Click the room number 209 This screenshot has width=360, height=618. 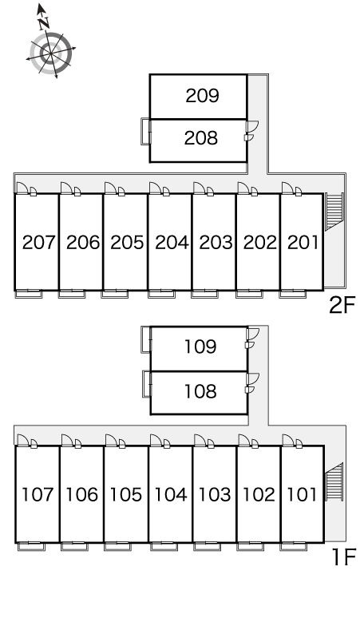(x=202, y=96)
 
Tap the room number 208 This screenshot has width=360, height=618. (x=201, y=138)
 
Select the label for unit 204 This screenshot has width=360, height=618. (x=172, y=243)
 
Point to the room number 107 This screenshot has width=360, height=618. (x=38, y=494)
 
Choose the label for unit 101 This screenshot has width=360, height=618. (x=302, y=494)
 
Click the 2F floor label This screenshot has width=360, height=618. (x=342, y=305)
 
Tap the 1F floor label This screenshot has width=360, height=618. (x=344, y=557)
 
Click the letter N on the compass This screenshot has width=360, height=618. (x=44, y=24)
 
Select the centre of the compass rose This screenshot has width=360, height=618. (x=51, y=53)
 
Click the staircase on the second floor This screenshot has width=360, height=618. (x=334, y=212)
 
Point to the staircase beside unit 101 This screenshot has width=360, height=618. (x=334, y=481)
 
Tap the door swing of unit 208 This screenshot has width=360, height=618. (x=252, y=126)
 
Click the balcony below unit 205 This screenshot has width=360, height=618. (x=114, y=294)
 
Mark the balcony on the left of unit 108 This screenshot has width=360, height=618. (x=147, y=383)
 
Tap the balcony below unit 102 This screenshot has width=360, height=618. (x=251, y=546)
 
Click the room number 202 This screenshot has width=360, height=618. (x=260, y=243)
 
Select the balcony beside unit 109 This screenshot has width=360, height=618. (x=146, y=339)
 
